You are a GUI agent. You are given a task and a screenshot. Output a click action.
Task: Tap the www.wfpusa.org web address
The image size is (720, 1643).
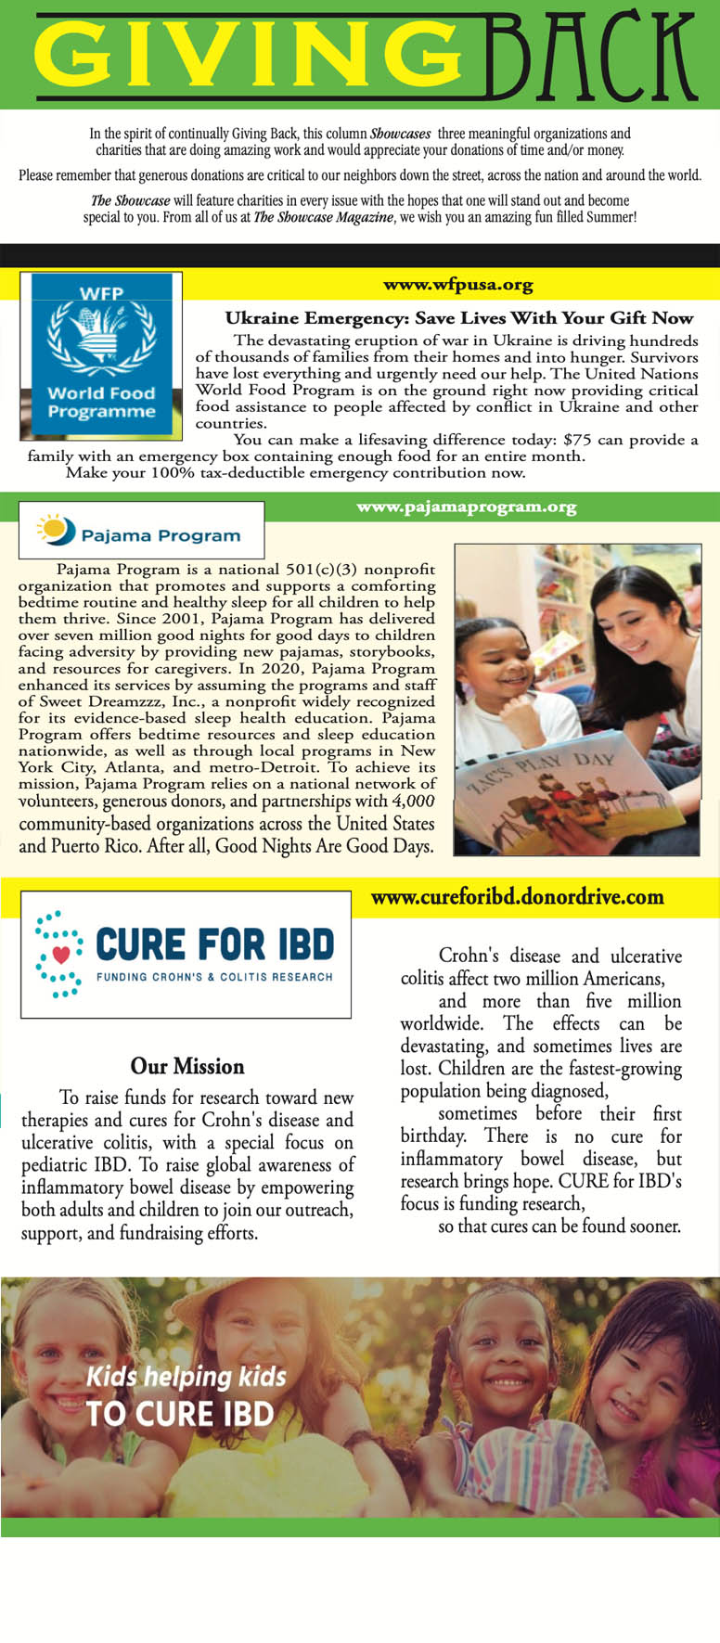pyautogui.click(x=458, y=285)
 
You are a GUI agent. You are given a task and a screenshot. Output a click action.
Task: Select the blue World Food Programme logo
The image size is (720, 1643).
pyautogui.click(x=101, y=354)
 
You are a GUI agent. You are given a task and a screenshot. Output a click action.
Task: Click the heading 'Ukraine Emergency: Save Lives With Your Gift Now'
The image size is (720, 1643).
pyautogui.click(x=459, y=317)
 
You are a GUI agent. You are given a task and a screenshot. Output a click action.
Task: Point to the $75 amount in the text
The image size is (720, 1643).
pyautogui.click(x=577, y=439)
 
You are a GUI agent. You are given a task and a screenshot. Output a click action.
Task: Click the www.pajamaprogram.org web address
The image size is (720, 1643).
pyautogui.click(x=466, y=507)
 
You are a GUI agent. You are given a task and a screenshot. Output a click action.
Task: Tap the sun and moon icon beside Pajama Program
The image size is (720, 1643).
pyautogui.click(x=56, y=530)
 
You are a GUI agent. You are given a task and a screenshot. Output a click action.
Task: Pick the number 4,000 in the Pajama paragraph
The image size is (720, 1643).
pyautogui.click(x=413, y=801)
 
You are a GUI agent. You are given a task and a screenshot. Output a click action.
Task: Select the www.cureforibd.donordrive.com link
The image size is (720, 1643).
pyautogui.click(x=517, y=897)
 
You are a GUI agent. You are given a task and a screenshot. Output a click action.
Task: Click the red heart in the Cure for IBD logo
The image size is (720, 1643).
pyautogui.click(x=61, y=953)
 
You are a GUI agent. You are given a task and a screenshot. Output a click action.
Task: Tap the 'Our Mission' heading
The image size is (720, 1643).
pyautogui.click(x=187, y=1066)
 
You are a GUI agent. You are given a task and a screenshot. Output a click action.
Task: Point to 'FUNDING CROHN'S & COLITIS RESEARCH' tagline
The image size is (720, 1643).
pyautogui.click(x=214, y=977)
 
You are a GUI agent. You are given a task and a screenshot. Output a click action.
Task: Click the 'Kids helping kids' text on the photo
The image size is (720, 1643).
pyautogui.click(x=186, y=1376)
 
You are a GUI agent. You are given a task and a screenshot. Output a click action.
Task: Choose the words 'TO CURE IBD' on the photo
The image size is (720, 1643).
pyautogui.click(x=180, y=1414)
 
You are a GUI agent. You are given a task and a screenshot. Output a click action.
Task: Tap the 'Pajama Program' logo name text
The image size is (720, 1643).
pyautogui.click(x=161, y=535)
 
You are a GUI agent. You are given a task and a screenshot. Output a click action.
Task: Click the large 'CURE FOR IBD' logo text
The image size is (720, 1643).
pyautogui.click(x=214, y=945)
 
